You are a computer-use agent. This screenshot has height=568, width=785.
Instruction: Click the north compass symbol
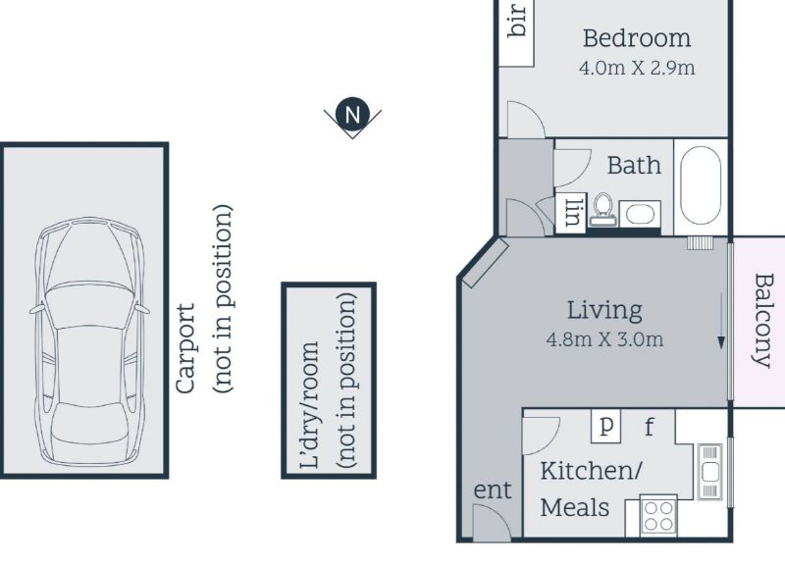(x=352, y=116)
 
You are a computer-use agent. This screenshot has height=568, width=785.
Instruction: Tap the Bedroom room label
(x=637, y=38)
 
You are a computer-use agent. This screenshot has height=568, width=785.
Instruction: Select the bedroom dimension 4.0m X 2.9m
(x=637, y=67)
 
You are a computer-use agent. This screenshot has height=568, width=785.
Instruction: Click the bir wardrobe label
(x=517, y=21)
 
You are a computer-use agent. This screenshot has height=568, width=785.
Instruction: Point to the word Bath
(x=634, y=165)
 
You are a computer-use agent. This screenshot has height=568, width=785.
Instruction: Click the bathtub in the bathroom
(x=701, y=185)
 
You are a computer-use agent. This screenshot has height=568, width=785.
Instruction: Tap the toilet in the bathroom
(x=602, y=209)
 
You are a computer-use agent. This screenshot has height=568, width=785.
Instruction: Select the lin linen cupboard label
(x=573, y=212)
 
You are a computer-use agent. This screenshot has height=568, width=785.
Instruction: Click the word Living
(x=604, y=310)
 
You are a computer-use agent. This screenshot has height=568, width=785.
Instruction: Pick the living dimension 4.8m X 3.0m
(x=604, y=339)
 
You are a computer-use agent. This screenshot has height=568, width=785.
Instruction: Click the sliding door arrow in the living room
(x=721, y=320)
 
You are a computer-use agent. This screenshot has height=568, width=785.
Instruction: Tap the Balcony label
(x=764, y=320)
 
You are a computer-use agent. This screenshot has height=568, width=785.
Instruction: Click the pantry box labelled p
(x=605, y=426)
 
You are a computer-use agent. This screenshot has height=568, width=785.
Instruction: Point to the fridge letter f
(x=649, y=427)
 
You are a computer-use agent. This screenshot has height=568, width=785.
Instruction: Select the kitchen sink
(x=709, y=472)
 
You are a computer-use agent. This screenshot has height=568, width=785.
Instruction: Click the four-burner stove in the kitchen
(x=658, y=515)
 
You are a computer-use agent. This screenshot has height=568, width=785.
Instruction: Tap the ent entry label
(x=493, y=491)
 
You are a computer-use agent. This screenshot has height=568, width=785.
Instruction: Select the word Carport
(x=185, y=349)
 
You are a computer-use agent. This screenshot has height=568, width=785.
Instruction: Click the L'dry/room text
(x=309, y=405)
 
